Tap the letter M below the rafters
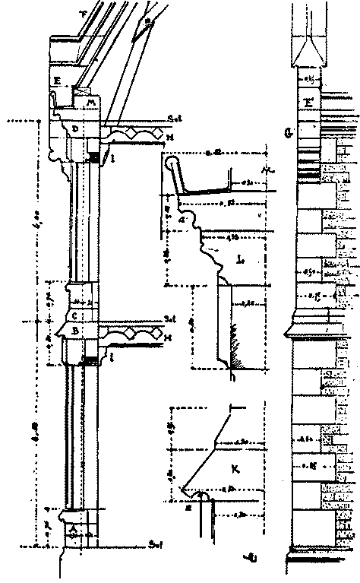pos(91,102)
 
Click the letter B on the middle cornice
pos(74,331)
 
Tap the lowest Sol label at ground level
pos(154,545)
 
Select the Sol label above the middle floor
pos(169,318)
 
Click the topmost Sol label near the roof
pos(174,118)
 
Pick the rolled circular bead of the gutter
pos(171,162)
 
